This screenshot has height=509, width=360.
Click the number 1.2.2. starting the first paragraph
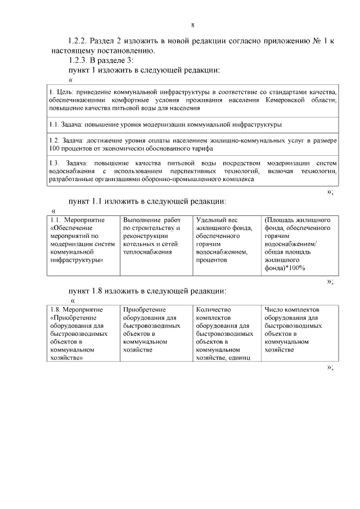[78, 42]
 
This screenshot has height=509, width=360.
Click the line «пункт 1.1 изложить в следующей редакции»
[147, 200]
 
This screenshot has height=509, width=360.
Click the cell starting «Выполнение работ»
[156, 236]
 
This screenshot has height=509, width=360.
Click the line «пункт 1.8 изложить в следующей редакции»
[147, 291]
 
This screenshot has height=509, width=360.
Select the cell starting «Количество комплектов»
[226, 333]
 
